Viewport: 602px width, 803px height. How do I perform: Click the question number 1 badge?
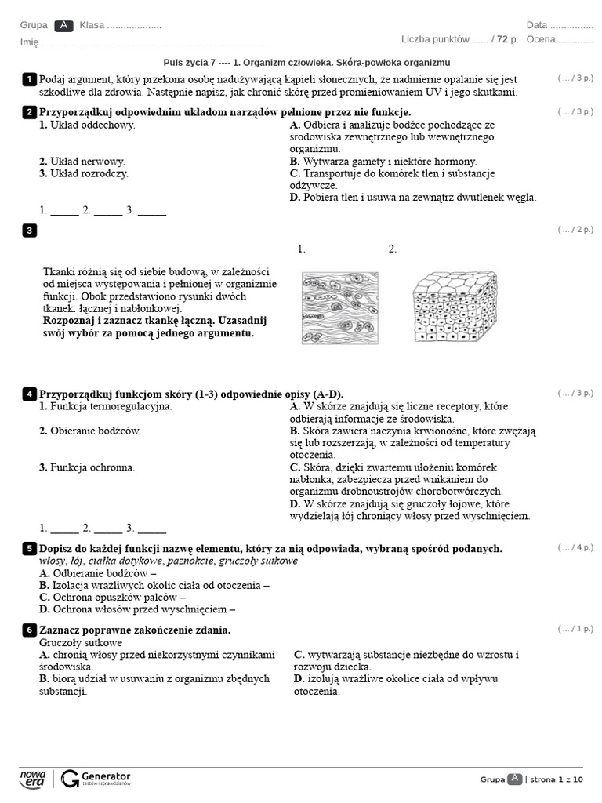[x=29, y=79]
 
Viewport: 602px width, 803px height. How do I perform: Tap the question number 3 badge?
[x=29, y=230]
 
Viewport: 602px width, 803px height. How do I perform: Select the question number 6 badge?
[x=29, y=630]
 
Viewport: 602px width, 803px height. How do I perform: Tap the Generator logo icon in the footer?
[x=70, y=778]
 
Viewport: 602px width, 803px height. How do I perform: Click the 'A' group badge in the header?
[x=63, y=25]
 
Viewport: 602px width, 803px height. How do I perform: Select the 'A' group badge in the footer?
[x=514, y=779]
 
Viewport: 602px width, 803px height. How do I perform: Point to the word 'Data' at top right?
[x=537, y=25]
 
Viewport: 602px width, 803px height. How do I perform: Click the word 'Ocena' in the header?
[x=541, y=39]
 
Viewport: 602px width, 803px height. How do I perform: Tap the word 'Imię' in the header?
[x=29, y=43]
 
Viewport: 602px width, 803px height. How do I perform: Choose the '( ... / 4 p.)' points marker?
[x=575, y=547]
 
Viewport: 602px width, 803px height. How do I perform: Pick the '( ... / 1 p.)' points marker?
[x=575, y=629]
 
